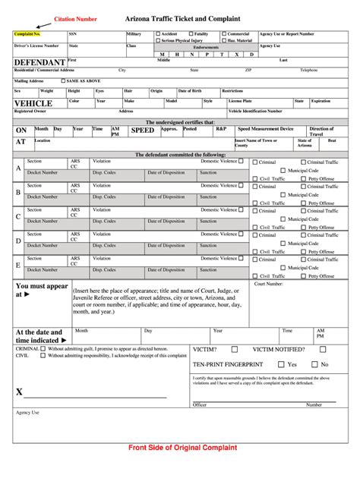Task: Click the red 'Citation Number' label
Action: point(74,18)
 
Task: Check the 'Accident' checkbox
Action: point(158,34)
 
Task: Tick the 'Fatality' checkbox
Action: point(191,34)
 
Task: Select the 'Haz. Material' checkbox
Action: point(224,40)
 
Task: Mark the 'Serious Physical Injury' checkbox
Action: point(158,40)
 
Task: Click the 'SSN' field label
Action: point(73,34)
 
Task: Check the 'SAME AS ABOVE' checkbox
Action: point(63,80)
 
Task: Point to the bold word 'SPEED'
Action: point(142,131)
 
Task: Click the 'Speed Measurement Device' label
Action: point(265,129)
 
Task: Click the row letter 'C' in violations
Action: point(18,216)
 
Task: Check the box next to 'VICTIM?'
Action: point(235,350)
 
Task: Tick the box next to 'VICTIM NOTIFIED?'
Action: point(323,350)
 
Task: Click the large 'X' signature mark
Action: point(19,392)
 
